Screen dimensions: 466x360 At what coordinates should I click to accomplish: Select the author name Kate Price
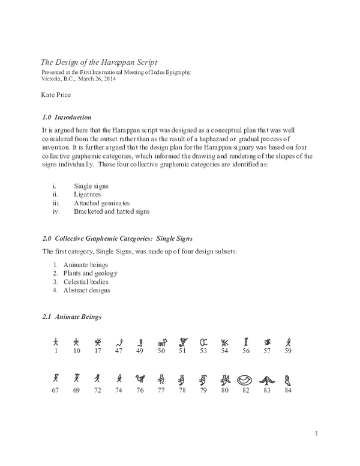56,95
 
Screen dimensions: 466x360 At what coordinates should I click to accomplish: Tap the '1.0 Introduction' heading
67,116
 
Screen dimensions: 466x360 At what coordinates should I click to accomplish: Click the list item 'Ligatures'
88,195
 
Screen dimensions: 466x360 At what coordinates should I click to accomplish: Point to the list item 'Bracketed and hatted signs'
112,211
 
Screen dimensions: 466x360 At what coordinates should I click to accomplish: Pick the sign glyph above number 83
267,380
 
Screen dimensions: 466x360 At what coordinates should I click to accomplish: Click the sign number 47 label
119,351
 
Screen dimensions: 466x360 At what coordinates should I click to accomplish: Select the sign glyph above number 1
56,341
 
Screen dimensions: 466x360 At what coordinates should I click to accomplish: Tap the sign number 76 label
140,390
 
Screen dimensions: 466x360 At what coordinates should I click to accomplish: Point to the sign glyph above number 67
56,379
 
